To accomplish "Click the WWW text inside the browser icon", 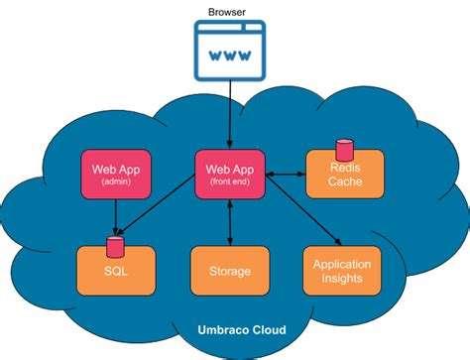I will click(229, 56).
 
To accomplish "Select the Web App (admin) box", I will click(117, 174).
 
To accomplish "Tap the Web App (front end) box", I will click(229, 174).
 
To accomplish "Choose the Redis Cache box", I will click(342, 175).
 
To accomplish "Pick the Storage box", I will click(229, 271).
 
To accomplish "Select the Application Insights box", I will click(342, 271).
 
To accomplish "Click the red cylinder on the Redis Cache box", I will click(344, 150).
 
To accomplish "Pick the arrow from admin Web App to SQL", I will click(117, 216).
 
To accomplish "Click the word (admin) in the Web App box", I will click(117, 182).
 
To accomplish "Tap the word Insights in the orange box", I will click(342, 279).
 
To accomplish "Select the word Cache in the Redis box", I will click(342, 183).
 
